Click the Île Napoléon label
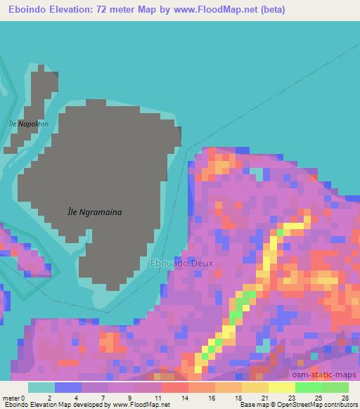28,124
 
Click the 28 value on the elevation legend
345,398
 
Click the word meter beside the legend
11,398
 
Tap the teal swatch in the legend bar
41,387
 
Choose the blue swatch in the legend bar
68,387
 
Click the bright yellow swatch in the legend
281,387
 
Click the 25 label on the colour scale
319,398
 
